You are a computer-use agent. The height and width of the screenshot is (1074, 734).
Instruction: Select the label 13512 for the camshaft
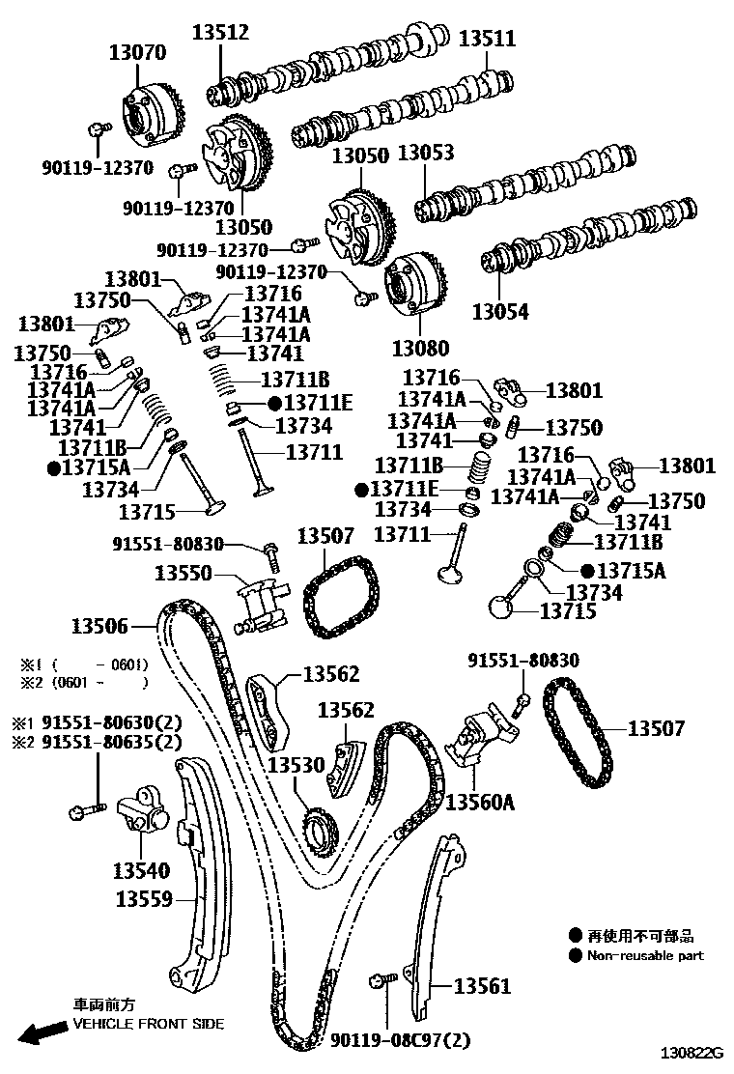tap(220, 32)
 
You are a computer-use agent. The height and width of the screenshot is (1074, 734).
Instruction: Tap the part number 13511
tap(487, 39)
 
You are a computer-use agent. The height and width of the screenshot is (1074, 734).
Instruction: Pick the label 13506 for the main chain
tap(100, 626)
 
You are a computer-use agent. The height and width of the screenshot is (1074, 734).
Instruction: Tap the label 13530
tap(296, 765)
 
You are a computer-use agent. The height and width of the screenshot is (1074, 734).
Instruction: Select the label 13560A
tap(481, 801)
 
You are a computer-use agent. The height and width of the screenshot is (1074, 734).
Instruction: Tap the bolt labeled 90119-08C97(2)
tap(379, 983)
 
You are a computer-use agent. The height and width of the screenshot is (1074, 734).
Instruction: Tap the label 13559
tap(144, 899)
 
